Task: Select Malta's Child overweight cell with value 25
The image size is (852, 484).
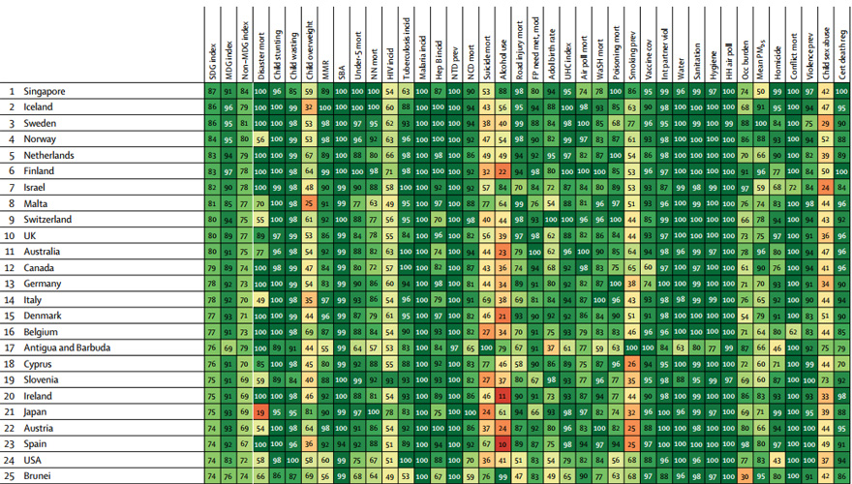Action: tap(309, 203)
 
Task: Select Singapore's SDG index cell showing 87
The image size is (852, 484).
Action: tap(212, 91)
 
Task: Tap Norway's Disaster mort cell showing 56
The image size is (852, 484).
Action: tap(260, 139)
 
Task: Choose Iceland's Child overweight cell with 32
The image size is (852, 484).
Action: tap(309, 106)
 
